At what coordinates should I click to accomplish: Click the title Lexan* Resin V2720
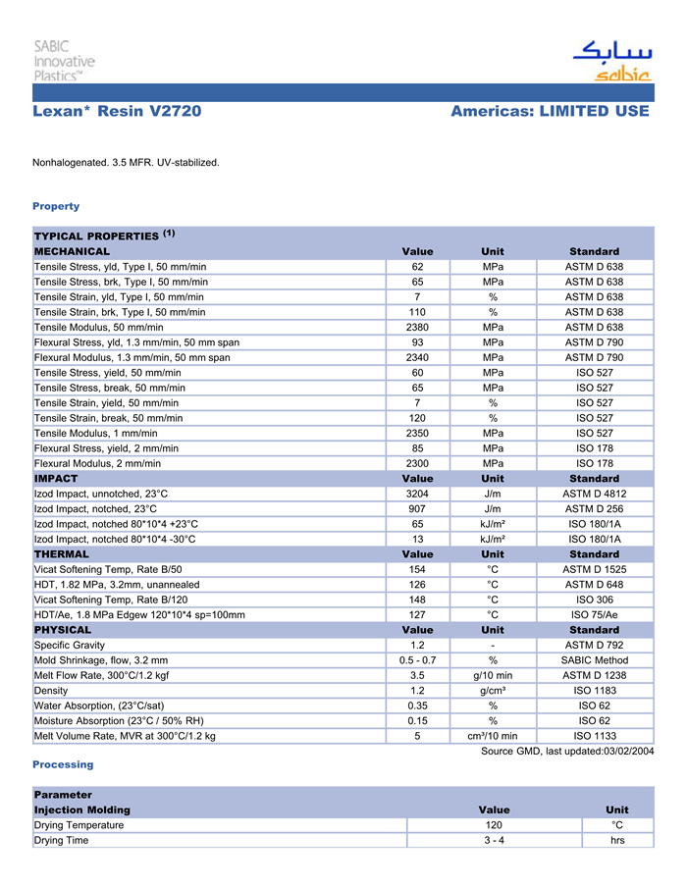[117, 112]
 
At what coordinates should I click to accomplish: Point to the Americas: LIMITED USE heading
[550, 112]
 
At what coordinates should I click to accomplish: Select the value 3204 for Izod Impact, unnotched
[417, 494]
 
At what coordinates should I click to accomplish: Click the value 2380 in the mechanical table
[417, 327]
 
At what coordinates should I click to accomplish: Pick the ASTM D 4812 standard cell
[594, 494]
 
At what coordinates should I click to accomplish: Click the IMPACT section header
[56, 479]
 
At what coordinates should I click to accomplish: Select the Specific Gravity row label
[73, 645]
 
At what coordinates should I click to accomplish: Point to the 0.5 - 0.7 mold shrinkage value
[417, 660]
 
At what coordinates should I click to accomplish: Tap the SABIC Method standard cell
[594, 660]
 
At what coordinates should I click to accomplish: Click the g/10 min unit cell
[493, 675]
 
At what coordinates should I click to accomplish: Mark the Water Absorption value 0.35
[417, 705]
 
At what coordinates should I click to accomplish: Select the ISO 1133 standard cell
[594, 736]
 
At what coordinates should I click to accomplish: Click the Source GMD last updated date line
[566, 752]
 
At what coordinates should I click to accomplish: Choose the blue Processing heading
[63, 764]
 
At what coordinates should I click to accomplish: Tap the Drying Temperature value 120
[494, 825]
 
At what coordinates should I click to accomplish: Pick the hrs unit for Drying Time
[617, 841]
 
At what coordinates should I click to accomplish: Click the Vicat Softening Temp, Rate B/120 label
[111, 600]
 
